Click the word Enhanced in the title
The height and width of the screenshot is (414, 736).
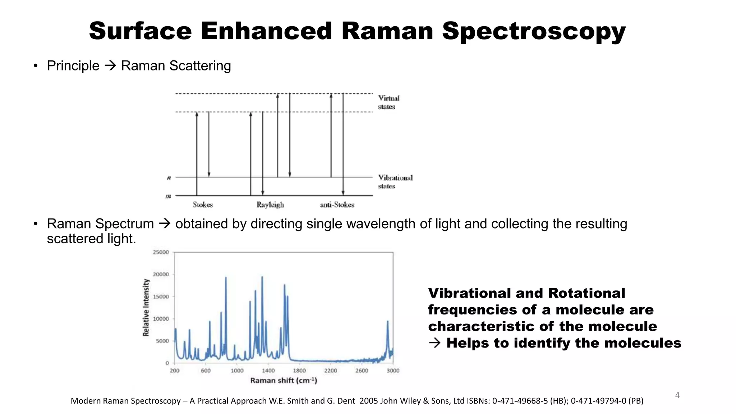pos(266,31)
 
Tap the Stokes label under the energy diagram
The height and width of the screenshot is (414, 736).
pos(203,205)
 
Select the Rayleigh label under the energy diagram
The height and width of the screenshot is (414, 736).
pos(270,205)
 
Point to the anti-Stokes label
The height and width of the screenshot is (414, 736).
pos(337,205)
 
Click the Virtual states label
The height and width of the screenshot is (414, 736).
pos(388,102)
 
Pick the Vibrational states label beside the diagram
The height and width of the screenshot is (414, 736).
pos(395,182)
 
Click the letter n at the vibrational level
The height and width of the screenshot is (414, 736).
pos(169,178)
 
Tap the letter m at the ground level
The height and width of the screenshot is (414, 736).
pos(168,196)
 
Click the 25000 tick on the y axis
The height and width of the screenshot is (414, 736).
pos(161,252)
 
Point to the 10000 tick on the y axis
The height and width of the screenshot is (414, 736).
pos(161,319)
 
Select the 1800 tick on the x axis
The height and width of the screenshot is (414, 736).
pos(299,371)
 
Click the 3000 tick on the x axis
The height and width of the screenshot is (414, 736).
pos(393,371)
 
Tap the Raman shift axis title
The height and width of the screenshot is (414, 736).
pos(284,381)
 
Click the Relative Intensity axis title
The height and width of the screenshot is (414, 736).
pos(146,308)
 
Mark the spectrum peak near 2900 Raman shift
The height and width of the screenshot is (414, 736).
pos(387,322)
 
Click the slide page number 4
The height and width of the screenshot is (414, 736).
pos(677,395)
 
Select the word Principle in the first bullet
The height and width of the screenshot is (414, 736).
pos(73,66)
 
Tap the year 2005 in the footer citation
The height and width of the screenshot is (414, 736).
pos(368,401)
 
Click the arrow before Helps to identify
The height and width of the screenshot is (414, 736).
pos(434,343)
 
